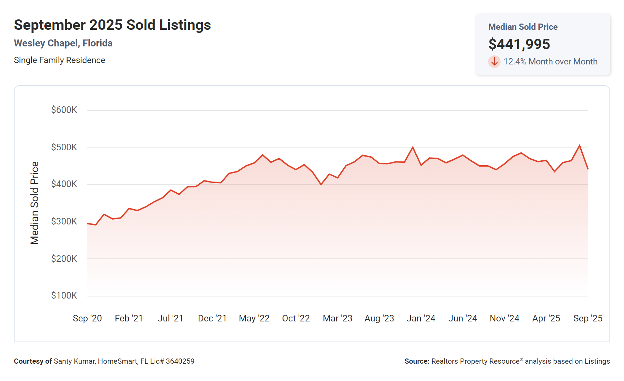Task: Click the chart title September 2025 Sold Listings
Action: pyautogui.click(x=112, y=25)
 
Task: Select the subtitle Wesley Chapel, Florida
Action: pyautogui.click(x=63, y=43)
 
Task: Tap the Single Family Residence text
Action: pyautogui.click(x=59, y=60)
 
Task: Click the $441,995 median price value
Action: pyautogui.click(x=519, y=44)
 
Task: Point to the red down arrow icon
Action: pyautogui.click(x=494, y=62)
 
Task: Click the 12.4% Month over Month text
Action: pyautogui.click(x=550, y=62)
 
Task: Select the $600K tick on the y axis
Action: pyautogui.click(x=64, y=110)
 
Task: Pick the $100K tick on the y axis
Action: pyautogui.click(x=64, y=295)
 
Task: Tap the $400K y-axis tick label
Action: pyautogui.click(x=64, y=184)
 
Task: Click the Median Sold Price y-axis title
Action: pyautogui.click(x=35, y=203)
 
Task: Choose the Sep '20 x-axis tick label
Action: pyautogui.click(x=87, y=318)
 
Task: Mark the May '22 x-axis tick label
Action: pyautogui.click(x=254, y=318)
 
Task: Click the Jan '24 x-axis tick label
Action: pyautogui.click(x=421, y=318)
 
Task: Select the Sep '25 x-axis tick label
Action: pyautogui.click(x=588, y=318)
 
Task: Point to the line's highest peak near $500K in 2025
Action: pyautogui.click(x=579, y=145)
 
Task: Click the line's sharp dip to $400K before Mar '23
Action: pyautogui.click(x=321, y=184)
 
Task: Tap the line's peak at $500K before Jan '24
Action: pyautogui.click(x=413, y=148)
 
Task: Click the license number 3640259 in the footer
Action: pyautogui.click(x=180, y=361)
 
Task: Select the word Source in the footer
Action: pyautogui.click(x=416, y=361)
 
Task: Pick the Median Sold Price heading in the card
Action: pyautogui.click(x=523, y=27)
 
